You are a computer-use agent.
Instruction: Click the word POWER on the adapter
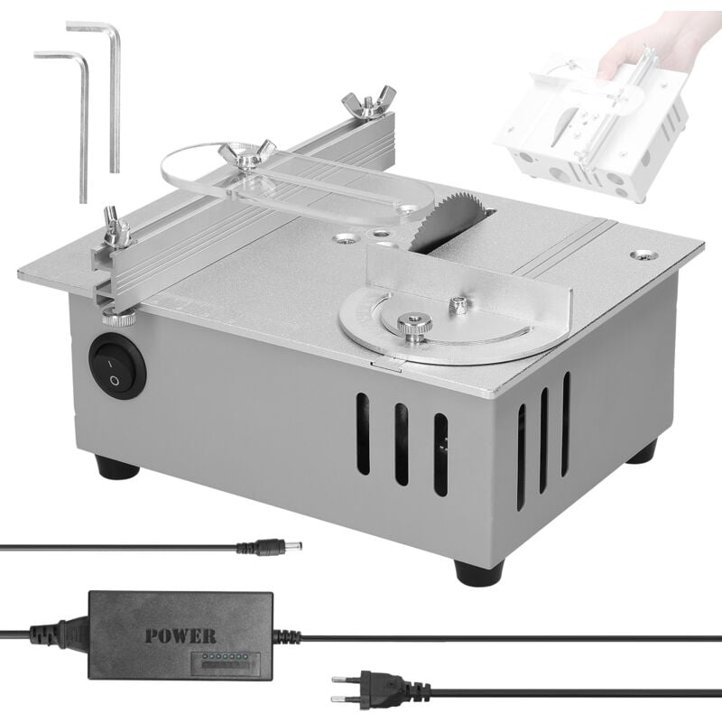coord(180,634)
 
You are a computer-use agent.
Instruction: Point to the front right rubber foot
coord(478,571)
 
